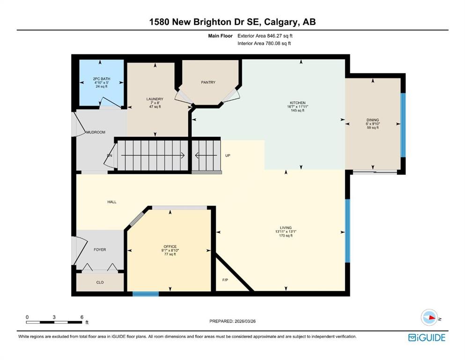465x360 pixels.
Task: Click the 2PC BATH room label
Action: point(102,79)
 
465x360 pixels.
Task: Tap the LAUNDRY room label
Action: point(155,99)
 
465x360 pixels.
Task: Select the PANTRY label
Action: point(208,82)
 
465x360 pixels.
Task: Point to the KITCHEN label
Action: point(298,103)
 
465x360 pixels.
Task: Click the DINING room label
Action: point(373,120)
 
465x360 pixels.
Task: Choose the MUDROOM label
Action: point(96,132)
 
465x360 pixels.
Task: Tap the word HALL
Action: point(112,202)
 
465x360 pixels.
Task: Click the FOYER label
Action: point(100,249)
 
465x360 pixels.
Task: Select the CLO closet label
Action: point(100,282)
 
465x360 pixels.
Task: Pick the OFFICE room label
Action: point(170,247)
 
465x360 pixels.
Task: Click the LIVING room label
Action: point(286,228)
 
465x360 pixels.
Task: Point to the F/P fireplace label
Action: point(225,280)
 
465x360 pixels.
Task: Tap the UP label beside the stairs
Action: point(228,156)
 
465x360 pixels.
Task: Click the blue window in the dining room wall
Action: point(403,125)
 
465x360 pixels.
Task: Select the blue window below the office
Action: point(146,294)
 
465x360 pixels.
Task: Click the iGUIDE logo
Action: point(427,338)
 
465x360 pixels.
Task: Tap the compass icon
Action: point(429,317)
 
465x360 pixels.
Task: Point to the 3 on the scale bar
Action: point(54,317)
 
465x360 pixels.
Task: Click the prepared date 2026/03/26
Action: point(245,321)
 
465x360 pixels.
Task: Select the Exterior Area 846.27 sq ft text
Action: point(265,36)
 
